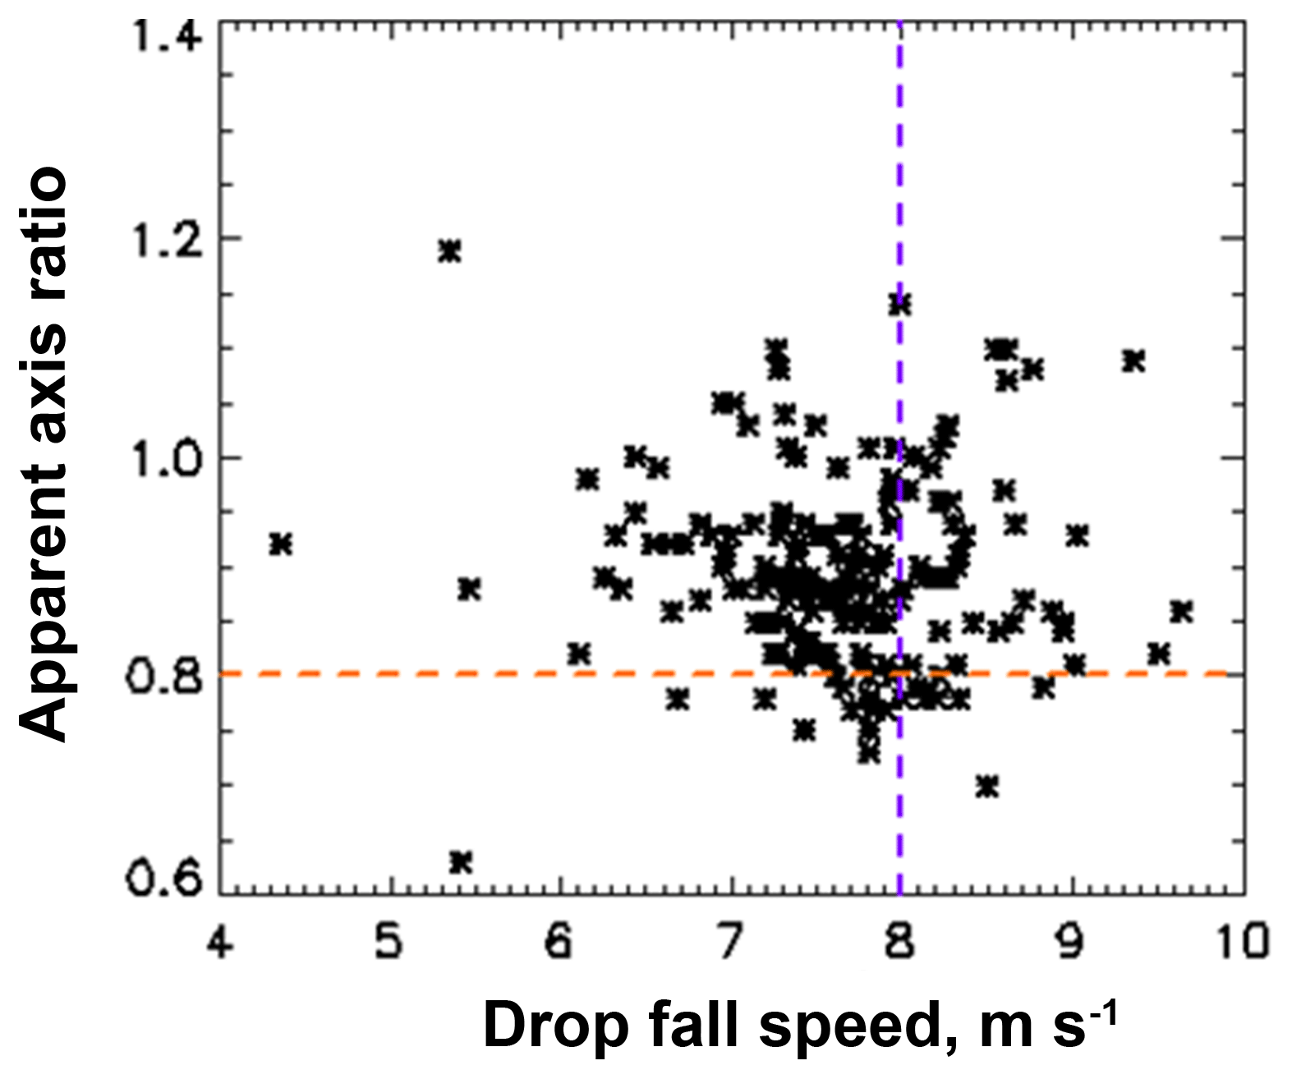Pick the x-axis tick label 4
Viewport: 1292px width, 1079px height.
[x=219, y=941]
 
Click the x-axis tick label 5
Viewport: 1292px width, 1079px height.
[x=389, y=941]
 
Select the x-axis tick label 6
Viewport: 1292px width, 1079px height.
[x=559, y=941]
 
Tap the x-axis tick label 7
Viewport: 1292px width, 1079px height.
[x=730, y=941]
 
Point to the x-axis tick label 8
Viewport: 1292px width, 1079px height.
[x=900, y=941]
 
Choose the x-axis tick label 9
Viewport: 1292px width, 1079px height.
[x=1071, y=941]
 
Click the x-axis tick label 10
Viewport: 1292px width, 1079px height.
[x=1241, y=941]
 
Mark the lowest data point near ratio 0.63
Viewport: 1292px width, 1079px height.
[x=461, y=861]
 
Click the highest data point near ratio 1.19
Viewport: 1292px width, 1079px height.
[x=449, y=250]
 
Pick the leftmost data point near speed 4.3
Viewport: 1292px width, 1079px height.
[x=281, y=544]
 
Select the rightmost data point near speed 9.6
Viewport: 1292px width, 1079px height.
[x=1181, y=612]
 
